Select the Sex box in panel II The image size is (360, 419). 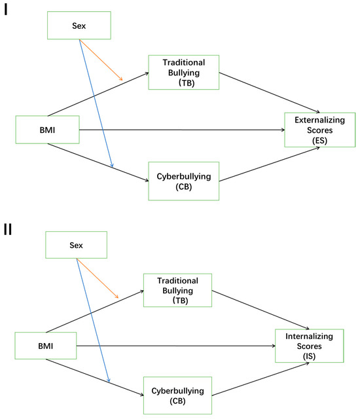click(x=75, y=246)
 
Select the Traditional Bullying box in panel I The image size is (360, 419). click(x=183, y=72)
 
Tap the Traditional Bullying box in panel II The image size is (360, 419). click(x=178, y=289)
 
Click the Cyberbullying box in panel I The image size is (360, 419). click(x=183, y=181)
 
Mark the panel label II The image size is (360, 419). click(x=9, y=232)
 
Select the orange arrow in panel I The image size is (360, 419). click(x=101, y=60)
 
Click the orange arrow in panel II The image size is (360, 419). click(x=98, y=280)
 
